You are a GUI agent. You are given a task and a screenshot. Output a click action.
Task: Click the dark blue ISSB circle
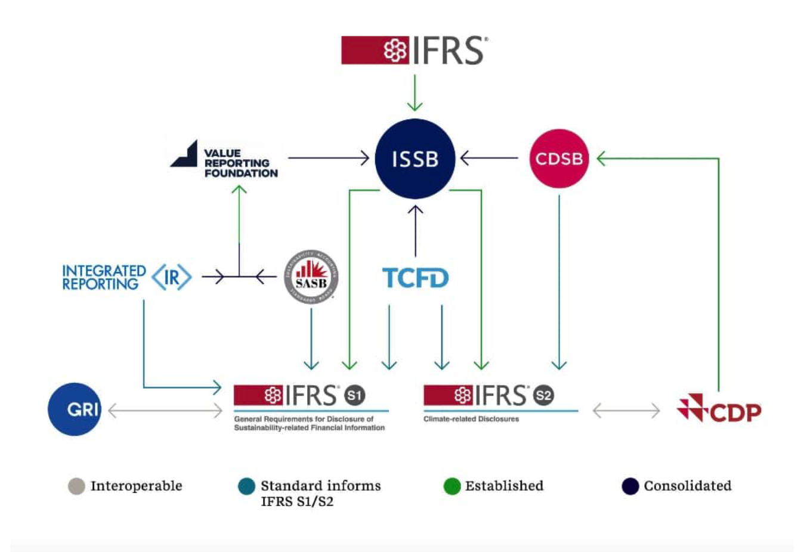tap(415, 159)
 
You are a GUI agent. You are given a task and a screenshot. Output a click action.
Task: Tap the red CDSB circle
tap(559, 159)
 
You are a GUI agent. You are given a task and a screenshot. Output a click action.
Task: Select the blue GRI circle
tap(75, 409)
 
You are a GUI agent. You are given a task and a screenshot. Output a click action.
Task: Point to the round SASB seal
tap(311, 277)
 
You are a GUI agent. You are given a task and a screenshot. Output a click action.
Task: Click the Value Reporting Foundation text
tap(240, 163)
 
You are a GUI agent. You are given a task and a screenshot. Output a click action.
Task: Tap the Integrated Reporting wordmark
tap(104, 278)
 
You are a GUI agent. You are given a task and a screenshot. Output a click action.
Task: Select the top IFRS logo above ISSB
tap(415, 50)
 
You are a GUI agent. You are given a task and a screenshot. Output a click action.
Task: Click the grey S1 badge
tap(354, 395)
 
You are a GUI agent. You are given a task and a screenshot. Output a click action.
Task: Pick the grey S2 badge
tap(543, 395)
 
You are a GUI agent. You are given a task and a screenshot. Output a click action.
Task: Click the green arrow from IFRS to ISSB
tap(415, 92)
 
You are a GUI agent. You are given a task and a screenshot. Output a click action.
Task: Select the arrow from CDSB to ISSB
tap(489, 158)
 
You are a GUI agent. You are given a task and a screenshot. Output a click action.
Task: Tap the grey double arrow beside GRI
tap(165, 410)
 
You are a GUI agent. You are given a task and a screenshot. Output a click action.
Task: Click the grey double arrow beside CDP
tap(626, 410)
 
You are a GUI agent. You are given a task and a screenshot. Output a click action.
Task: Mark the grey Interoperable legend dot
tap(76, 486)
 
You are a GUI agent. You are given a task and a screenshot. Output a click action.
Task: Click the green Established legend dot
tap(452, 486)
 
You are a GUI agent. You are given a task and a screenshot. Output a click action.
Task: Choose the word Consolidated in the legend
tap(687, 486)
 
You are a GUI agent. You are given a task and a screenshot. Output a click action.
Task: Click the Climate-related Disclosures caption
tap(471, 419)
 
